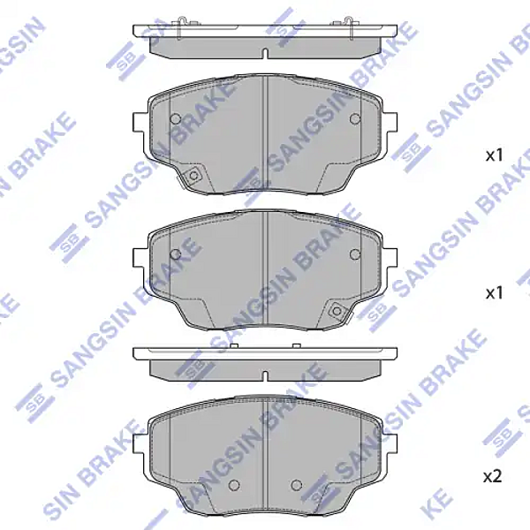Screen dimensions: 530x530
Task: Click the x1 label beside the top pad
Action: pyautogui.click(x=494, y=155)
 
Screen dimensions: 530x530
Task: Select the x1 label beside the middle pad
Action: pyautogui.click(x=494, y=291)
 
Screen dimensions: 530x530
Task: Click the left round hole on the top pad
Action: pyautogui.click(x=175, y=119)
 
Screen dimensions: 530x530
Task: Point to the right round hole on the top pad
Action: pyautogui.click(x=355, y=119)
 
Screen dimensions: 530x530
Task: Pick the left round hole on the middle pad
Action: pyautogui.click(x=175, y=254)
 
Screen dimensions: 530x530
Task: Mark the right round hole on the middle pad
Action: pyautogui.click(x=355, y=254)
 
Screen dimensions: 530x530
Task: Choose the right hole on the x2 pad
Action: pyautogui.click(x=297, y=484)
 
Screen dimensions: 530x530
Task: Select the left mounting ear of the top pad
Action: pyautogui.click(x=139, y=124)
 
